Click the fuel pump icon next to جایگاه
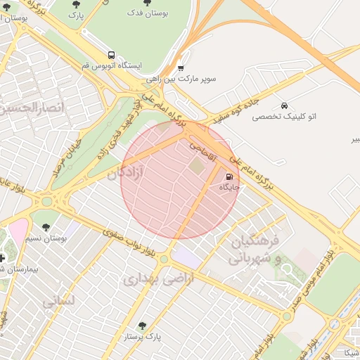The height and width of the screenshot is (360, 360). (230, 176)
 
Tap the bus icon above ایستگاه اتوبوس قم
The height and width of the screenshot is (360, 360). (111, 54)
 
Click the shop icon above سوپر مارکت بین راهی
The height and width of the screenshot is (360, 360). (181, 68)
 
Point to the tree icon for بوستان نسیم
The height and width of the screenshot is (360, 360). (46, 227)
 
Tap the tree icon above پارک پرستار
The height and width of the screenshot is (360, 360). (143, 326)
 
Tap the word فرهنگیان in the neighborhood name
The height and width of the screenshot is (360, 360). (255, 241)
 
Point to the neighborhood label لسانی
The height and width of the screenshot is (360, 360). (58, 303)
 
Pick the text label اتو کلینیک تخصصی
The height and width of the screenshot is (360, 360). (284, 116)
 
